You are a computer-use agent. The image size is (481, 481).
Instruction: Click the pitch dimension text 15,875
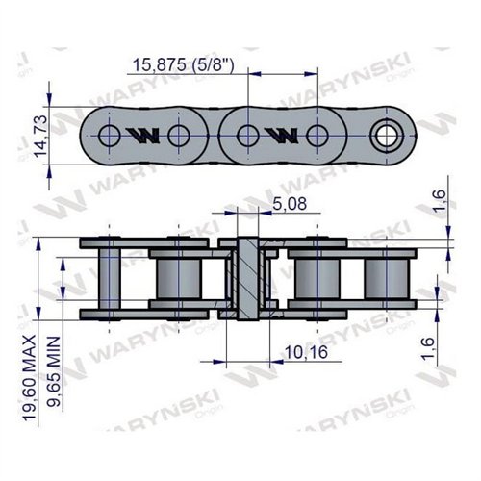tap(159, 65)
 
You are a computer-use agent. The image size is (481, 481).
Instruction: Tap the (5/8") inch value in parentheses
tap(213, 65)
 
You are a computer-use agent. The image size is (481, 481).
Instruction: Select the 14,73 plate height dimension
tap(40, 136)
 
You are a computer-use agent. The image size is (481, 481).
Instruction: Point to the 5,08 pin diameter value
tap(290, 204)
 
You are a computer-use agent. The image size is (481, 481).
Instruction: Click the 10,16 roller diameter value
tap(306, 352)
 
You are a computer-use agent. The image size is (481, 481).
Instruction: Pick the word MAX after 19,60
tap(30, 352)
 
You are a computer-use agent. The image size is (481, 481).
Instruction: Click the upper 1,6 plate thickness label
tap(439, 200)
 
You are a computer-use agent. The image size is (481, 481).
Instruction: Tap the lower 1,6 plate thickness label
tap(428, 348)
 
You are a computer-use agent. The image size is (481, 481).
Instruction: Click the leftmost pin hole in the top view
tap(110, 136)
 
